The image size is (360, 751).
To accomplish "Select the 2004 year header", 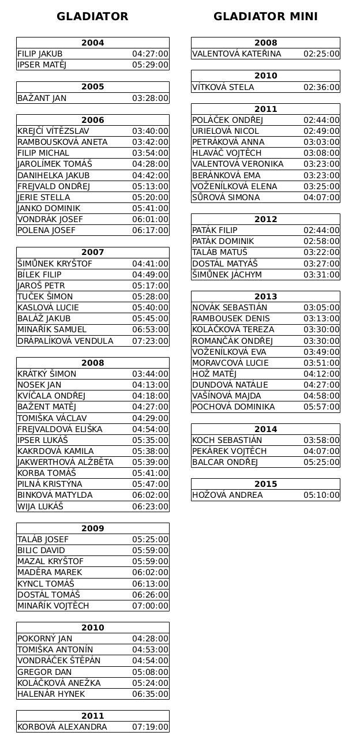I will [93, 43].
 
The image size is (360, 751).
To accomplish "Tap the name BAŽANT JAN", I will [42, 98].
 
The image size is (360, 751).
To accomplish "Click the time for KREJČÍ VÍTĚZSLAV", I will [150, 131].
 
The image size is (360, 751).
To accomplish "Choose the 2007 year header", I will [93, 253].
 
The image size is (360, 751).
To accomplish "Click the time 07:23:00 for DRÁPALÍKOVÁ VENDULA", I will [150, 341].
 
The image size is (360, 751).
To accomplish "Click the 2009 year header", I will [93, 528].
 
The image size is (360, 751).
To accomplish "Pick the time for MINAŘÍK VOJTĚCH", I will [150, 606].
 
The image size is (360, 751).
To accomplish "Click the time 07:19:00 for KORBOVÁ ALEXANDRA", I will [150, 727].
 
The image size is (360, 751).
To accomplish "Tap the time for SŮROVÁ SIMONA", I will [321, 197].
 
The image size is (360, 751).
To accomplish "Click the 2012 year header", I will [265, 219].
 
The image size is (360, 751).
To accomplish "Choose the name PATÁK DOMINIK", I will [223, 241].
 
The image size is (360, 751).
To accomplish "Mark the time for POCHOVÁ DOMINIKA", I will [321, 407].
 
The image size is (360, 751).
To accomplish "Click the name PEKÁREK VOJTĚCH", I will [230, 451].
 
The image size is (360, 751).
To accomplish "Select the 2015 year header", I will [265, 484].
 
